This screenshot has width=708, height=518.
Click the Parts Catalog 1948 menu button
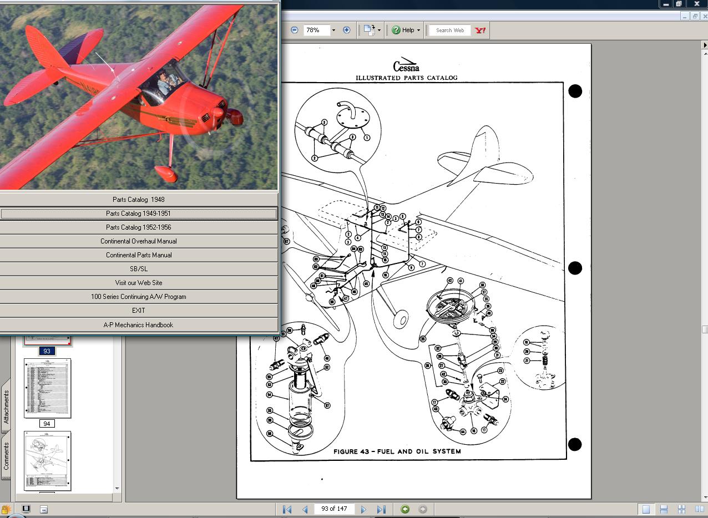click(x=138, y=200)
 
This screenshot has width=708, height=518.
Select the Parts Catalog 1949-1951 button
click(x=138, y=214)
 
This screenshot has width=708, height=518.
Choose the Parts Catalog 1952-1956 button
click(x=138, y=227)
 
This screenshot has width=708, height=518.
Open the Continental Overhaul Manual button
click(x=138, y=241)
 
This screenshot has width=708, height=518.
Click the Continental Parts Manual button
click(x=138, y=255)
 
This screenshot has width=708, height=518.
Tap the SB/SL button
click(x=138, y=269)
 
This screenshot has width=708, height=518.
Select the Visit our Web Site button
click(x=138, y=283)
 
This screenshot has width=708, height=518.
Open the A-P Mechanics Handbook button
click(x=138, y=325)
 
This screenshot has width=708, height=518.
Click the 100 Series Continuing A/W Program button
click(x=138, y=297)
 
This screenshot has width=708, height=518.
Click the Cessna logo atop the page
click(x=406, y=65)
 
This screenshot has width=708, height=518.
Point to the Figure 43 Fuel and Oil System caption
click(x=397, y=451)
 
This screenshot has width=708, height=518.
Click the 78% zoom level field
click(x=316, y=30)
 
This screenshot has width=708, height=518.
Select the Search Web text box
click(x=449, y=31)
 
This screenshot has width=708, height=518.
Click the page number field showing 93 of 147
click(x=335, y=509)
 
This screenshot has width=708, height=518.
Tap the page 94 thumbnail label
click(x=47, y=424)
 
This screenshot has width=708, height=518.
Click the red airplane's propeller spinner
click(x=235, y=116)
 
